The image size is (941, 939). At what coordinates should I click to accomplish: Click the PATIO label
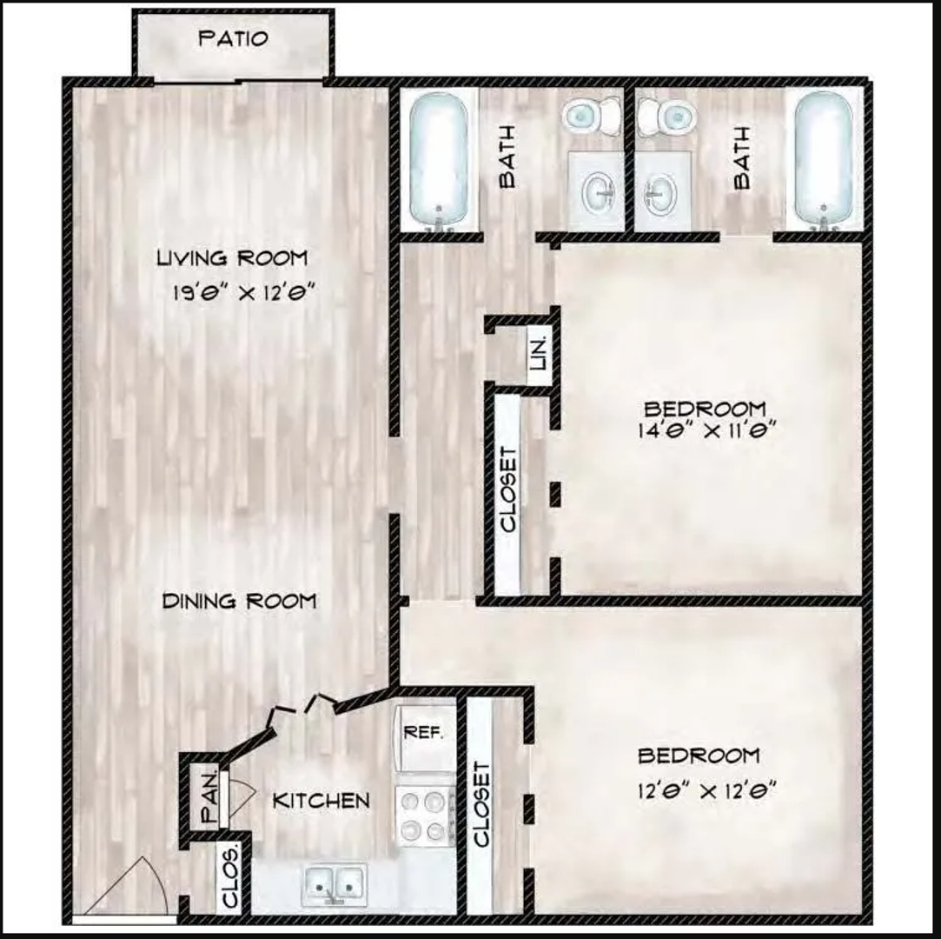233,39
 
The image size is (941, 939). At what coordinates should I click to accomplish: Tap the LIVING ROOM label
232,258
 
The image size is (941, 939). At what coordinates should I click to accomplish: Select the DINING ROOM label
240,601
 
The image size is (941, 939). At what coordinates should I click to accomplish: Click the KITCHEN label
321,800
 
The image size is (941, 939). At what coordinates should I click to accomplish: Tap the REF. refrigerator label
424,732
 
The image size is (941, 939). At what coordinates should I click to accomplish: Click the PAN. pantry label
209,801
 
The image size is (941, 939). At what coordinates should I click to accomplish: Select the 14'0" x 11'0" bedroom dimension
706,430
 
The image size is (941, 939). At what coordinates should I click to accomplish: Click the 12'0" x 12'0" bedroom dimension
706,791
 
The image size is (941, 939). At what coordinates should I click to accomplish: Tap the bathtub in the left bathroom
439,161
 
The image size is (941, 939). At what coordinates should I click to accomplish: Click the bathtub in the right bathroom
824,161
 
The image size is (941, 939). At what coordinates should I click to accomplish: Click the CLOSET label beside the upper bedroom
508,489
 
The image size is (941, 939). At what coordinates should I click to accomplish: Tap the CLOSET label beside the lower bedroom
482,804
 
